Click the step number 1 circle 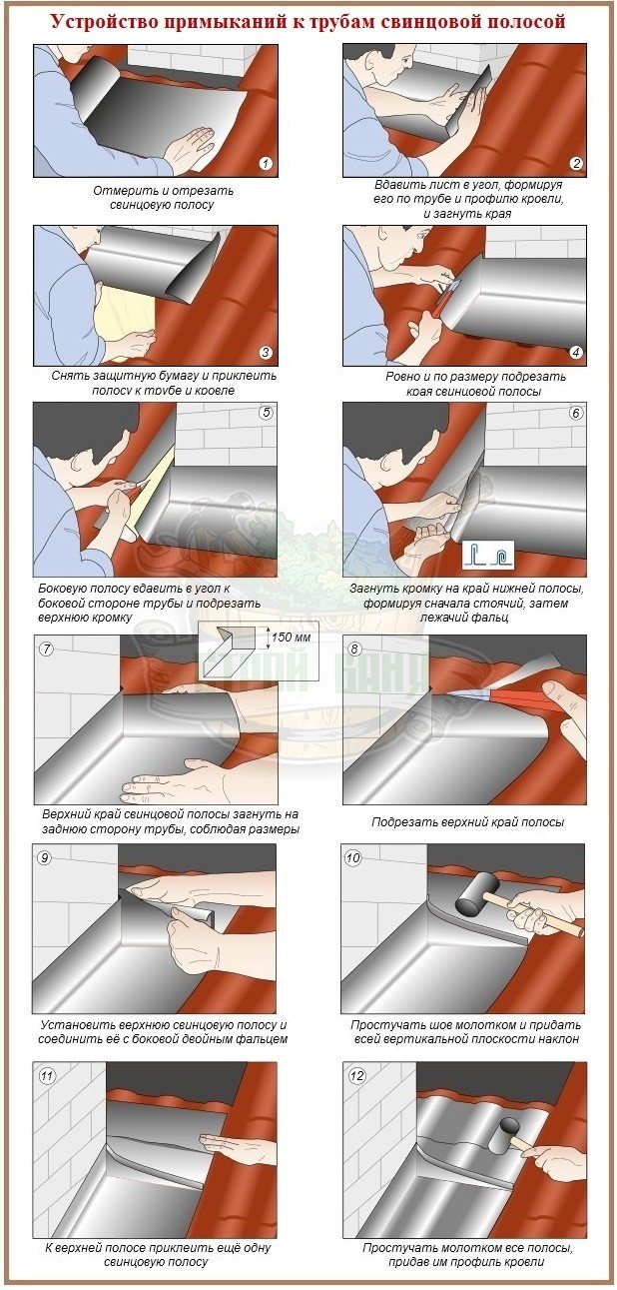point(266,164)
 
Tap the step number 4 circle point(576,353)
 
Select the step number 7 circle point(45,649)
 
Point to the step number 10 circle point(352,857)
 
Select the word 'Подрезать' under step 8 point(400,822)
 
